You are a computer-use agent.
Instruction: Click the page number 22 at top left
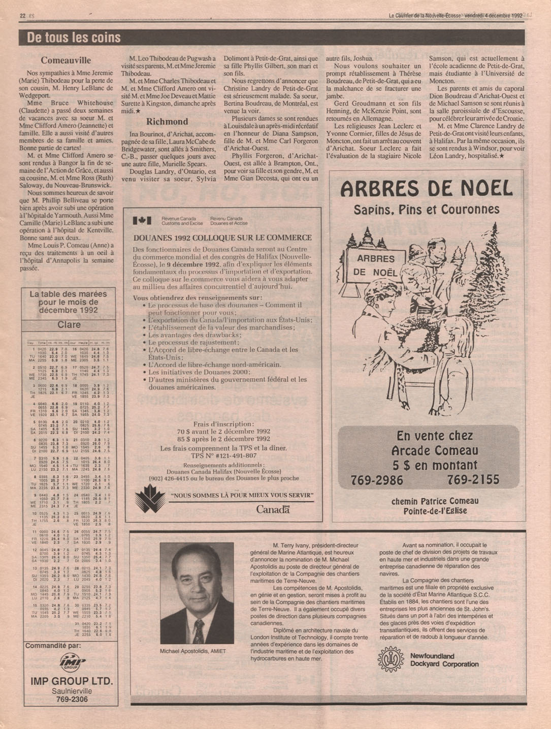[22, 16]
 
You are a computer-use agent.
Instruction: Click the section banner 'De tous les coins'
[74, 38]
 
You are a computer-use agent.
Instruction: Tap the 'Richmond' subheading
[167, 121]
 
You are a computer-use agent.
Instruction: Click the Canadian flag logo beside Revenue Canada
[142, 221]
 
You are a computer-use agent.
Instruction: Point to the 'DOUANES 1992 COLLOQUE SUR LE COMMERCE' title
[222, 237]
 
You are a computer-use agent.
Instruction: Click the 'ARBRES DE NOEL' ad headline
[427, 189]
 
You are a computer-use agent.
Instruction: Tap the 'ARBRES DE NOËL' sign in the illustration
[376, 265]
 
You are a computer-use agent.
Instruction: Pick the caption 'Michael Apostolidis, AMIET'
[192, 651]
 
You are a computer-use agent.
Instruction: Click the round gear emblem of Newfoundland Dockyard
[391, 659]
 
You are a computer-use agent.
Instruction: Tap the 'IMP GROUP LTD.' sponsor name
[71, 681]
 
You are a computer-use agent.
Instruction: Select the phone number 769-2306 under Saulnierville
[71, 700]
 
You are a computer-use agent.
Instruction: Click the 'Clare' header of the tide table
[69, 325]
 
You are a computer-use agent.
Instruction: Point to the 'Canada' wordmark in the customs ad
[273, 509]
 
